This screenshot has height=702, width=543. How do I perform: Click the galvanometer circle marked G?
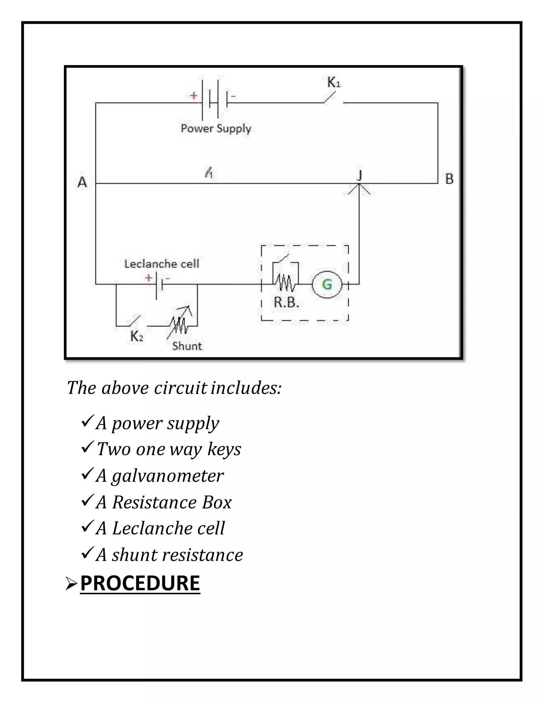click(327, 285)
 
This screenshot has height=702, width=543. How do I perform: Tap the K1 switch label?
click(334, 83)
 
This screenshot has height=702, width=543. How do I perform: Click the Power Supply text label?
click(216, 128)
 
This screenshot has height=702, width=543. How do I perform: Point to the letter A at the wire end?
click(82, 182)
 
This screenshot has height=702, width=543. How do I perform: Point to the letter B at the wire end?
click(449, 179)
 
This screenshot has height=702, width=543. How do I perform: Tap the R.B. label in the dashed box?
click(286, 302)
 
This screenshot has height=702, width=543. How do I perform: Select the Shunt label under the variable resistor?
click(187, 346)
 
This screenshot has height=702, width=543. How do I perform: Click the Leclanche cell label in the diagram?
click(162, 264)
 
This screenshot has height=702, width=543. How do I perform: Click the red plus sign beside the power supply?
click(193, 95)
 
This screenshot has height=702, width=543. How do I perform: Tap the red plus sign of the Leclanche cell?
click(148, 277)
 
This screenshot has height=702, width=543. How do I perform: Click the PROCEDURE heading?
click(140, 583)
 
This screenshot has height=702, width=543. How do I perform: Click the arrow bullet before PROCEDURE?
click(71, 584)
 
